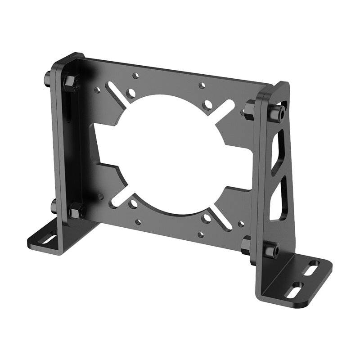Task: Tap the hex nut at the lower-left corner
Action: [x=76, y=210]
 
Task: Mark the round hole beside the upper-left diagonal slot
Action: [x=131, y=94]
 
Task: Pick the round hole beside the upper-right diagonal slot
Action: [x=207, y=105]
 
